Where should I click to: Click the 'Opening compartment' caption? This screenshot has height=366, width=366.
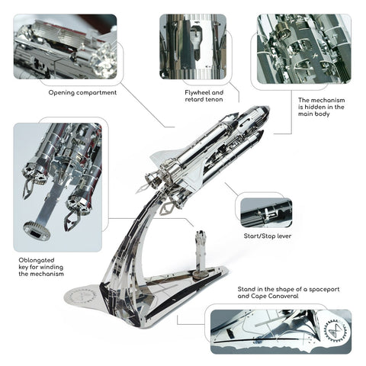pyautogui.click(x=82, y=93)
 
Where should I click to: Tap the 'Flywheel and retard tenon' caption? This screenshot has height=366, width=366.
pyautogui.click(x=204, y=96)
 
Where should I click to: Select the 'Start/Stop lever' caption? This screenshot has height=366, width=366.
pyautogui.click(x=268, y=236)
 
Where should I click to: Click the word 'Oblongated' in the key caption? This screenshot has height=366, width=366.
pyautogui.click(x=37, y=260)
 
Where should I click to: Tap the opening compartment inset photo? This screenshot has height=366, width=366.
pyautogui.click(x=66, y=47)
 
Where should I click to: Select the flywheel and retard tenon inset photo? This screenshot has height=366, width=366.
pyautogui.click(x=193, y=47)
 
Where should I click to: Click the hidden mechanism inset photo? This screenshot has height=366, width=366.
pyautogui.click(x=304, y=49)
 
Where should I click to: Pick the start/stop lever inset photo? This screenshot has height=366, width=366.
pyautogui.click(x=266, y=213)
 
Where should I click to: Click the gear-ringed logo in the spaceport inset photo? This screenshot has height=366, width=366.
pyautogui.click(x=337, y=331)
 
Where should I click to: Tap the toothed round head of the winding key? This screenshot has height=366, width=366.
pyautogui.click(x=36, y=230)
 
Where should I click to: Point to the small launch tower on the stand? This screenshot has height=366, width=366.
pyautogui.click(x=201, y=252)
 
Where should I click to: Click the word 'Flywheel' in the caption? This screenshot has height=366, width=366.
pyautogui.click(x=195, y=92)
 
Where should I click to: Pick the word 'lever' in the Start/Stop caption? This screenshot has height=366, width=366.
pyautogui.click(x=284, y=236)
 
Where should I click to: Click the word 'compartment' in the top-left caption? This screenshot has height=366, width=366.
pyautogui.click(x=97, y=93)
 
